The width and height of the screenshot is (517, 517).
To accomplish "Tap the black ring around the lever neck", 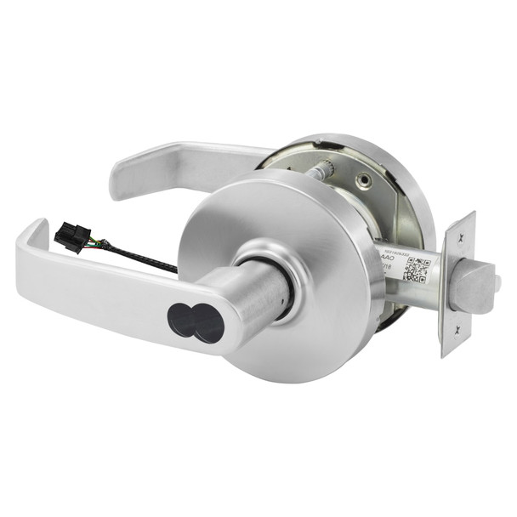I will [x=287, y=281].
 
